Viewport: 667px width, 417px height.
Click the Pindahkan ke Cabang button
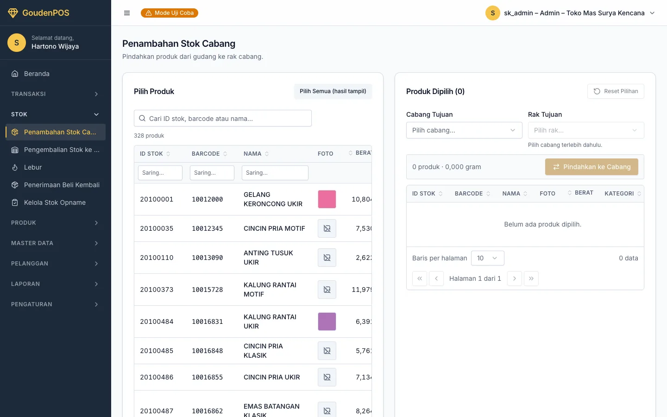point(591,167)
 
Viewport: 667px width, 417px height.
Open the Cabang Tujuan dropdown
point(464,130)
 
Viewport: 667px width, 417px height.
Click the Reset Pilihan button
point(616,91)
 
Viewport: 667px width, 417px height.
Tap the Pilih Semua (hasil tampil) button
point(333,91)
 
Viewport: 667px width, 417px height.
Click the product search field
point(223,118)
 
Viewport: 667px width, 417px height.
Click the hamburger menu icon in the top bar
point(127,13)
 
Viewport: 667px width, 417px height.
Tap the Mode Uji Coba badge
point(170,13)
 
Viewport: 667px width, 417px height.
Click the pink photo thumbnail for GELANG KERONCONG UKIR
point(327,199)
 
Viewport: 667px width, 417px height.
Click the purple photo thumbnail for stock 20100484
point(327,322)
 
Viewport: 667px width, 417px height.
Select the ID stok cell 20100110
point(157,258)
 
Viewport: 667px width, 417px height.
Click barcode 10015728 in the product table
point(207,290)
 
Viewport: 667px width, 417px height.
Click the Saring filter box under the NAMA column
point(275,173)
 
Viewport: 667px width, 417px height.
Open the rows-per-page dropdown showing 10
point(487,258)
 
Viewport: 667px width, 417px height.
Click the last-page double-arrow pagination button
point(531,278)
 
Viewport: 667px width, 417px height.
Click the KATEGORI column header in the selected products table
point(619,194)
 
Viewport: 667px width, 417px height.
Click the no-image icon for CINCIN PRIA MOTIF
point(327,228)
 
